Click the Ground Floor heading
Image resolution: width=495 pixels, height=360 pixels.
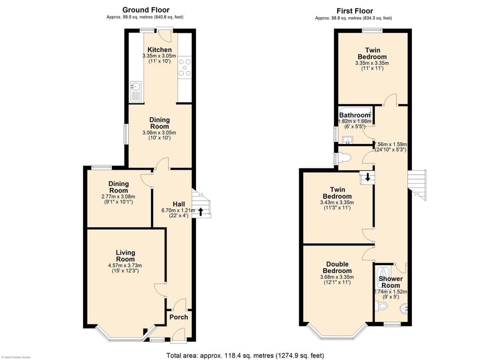145,10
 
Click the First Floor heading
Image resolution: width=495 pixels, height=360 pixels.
354,11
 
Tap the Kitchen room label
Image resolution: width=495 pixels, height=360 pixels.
159,50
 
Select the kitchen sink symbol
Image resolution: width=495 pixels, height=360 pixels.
136,87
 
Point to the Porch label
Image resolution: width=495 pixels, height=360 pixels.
178,317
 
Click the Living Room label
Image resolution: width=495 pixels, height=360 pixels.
125,256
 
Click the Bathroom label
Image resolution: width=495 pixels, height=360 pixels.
355,114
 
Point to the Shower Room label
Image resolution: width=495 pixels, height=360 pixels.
390,282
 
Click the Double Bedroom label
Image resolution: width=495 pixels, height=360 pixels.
337,267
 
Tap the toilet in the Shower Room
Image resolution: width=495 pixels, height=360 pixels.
382,306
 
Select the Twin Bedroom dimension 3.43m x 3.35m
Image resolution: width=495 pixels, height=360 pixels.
337,203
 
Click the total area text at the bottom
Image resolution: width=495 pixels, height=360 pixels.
245,355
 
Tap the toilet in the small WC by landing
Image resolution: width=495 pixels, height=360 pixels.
346,158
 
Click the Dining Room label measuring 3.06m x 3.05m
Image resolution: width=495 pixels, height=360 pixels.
159,123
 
